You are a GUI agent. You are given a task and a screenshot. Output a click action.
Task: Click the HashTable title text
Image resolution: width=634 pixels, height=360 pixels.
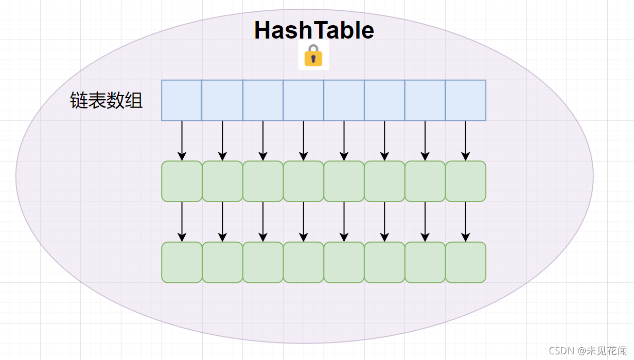pyautogui.click(x=314, y=30)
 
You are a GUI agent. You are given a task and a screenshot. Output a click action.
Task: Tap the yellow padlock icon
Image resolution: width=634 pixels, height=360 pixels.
pyautogui.click(x=313, y=56)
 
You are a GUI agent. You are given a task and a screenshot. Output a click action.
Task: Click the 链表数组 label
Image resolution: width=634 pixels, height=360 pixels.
pyautogui.click(x=107, y=100)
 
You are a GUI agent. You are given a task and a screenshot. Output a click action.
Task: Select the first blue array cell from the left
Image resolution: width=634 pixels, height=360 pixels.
pyautogui.click(x=181, y=100)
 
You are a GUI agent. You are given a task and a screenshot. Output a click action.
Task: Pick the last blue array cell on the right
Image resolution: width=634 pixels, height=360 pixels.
pyautogui.click(x=466, y=100)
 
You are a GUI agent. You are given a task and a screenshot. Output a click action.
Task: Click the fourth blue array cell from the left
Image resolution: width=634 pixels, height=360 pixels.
pyautogui.click(x=304, y=100)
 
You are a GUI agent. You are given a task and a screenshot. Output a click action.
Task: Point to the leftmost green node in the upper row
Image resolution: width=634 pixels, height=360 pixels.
pyautogui.click(x=182, y=181)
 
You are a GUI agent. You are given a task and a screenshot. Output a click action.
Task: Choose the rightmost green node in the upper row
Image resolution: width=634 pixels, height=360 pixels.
pyautogui.click(x=466, y=181)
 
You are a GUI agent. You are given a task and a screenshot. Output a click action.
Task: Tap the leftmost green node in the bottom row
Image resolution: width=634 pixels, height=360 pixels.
pyautogui.click(x=182, y=262)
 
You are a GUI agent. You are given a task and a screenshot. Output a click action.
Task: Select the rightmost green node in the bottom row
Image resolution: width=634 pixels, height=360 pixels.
pyautogui.click(x=466, y=262)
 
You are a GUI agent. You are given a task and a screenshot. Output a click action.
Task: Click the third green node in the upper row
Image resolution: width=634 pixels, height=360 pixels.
pyautogui.click(x=263, y=181)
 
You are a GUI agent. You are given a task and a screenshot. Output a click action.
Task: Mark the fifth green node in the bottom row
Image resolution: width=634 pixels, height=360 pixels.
pyautogui.click(x=344, y=262)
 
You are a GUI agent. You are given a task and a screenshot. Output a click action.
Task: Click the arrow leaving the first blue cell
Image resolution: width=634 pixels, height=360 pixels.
pyautogui.click(x=182, y=140)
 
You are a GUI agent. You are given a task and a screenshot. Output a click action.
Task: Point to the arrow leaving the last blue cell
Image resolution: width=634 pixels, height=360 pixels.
pyautogui.click(x=466, y=140)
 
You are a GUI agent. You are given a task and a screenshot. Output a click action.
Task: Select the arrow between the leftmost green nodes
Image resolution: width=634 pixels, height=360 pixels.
pyautogui.click(x=182, y=222)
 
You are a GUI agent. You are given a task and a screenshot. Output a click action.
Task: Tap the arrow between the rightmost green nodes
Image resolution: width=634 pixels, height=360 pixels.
pyautogui.click(x=466, y=222)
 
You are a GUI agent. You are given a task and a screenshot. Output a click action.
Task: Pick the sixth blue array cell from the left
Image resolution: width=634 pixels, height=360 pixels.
pyautogui.click(x=384, y=100)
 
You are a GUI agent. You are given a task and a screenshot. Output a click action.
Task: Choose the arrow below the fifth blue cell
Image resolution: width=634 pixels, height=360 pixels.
pyautogui.click(x=344, y=140)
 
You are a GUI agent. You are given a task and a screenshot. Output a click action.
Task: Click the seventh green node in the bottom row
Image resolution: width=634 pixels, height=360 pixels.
pyautogui.click(x=425, y=262)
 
